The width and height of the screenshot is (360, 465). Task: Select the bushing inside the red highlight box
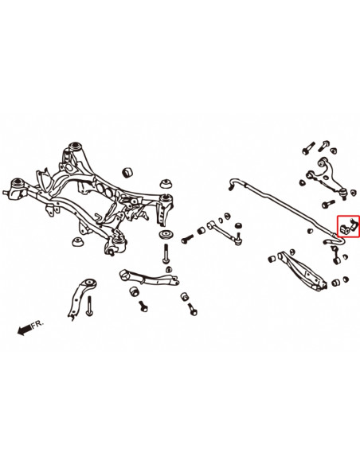coord(346,228)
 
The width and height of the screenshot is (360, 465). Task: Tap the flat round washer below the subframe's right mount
coord(166,236)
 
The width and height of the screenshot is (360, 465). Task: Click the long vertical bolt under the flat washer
coord(166,255)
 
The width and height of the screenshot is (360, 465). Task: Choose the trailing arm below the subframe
coord(148,280)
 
